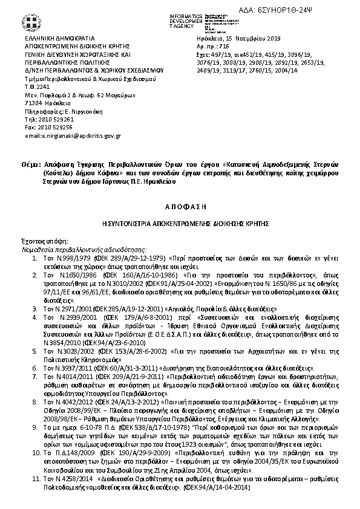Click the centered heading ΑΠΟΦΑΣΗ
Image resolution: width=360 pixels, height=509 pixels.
180,206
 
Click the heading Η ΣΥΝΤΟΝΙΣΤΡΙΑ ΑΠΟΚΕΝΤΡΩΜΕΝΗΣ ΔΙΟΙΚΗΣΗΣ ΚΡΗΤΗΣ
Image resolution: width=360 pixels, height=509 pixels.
180,223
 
